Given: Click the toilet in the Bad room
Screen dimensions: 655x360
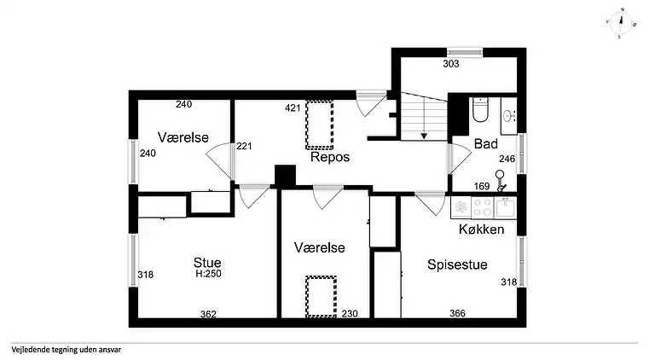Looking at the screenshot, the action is [x=480, y=110].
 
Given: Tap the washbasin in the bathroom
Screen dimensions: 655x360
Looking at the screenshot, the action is [x=508, y=116].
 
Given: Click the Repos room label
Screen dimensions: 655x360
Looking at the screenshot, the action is [x=330, y=157].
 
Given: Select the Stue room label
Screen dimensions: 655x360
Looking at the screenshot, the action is [x=207, y=262].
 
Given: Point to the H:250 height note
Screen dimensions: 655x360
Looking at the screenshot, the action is [x=208, y=274].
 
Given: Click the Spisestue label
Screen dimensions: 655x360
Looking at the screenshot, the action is [x=457, y=264].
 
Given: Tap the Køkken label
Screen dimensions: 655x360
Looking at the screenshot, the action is [x=481, y=229].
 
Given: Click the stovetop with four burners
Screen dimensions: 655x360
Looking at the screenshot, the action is [x=483, y=207].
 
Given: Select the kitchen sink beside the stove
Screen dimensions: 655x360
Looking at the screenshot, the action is [x=506, y=207].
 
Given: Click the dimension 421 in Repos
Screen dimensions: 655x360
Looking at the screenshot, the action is [x=293, y=108].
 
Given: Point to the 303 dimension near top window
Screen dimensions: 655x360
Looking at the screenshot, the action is [x=451, y=63].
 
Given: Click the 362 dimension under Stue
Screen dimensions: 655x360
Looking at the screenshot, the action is [x=208, y=314].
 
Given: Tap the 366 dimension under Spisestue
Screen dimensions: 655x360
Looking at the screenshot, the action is [x=457, y=313].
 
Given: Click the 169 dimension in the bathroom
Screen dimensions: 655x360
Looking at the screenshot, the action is [x=482, y=186].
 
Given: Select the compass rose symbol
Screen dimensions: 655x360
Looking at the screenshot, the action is [x=621, y=22].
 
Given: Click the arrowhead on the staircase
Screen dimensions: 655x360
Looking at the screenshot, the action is [x=424, y=136].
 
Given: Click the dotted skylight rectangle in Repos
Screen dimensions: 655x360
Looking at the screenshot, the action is [x=320, y=125].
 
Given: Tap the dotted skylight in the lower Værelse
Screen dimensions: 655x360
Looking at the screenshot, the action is [x=321, y=297].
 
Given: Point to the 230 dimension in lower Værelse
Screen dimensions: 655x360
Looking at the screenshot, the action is [x=350, y=314].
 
